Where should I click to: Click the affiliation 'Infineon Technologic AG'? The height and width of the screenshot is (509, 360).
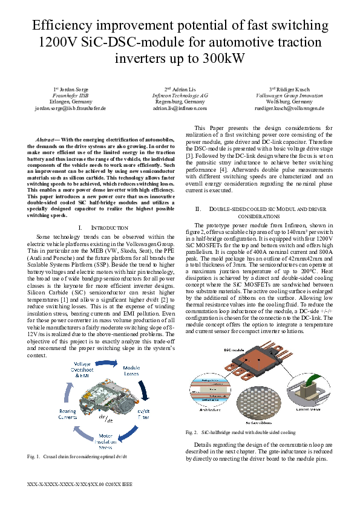[180, 96]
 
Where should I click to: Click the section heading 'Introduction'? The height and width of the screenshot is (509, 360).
[103, 227]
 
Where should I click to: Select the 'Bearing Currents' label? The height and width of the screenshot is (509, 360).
[68, 414]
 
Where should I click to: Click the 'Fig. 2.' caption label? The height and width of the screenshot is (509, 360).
[192, 432]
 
